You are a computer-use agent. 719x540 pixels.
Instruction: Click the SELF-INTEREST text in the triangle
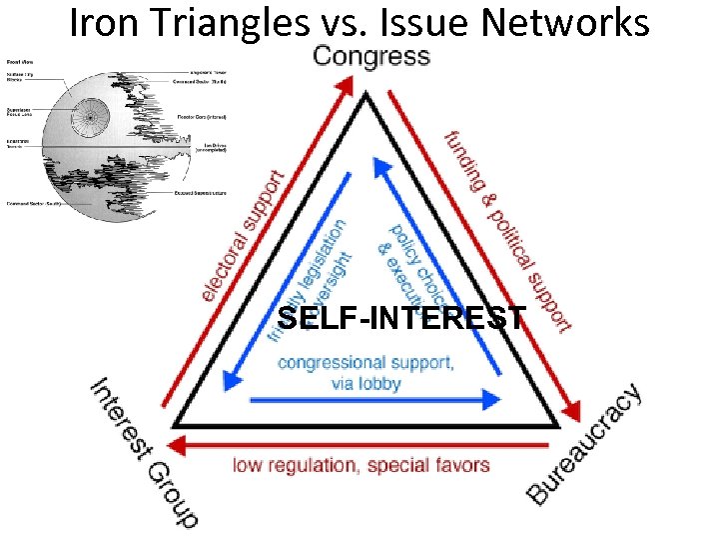coord(400,319)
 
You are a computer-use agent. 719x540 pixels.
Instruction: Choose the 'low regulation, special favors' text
coord(360,465)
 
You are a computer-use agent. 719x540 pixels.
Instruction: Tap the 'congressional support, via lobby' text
coord(365,372)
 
